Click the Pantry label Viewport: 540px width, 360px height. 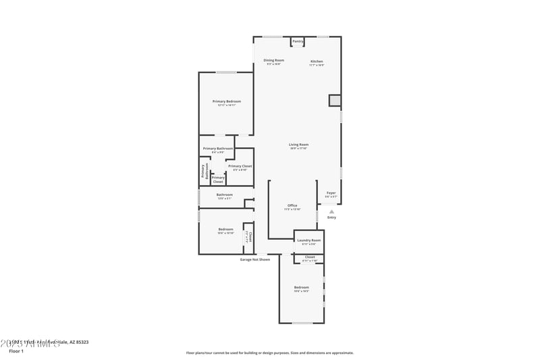pyautogui.click(x=298, y=41)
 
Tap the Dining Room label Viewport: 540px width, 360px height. pyautogui.click(x=273, y=60)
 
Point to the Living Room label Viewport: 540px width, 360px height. pyautogui.click(x=298, y=144)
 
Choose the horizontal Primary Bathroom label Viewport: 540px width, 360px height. pyautogui.click(x=218, y=149)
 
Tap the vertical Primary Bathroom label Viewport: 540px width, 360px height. pyautogui.click(x=205, y=172)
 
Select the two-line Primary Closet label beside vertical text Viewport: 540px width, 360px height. pyautogui.click(x=218, y=179)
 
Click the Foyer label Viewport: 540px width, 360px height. pyautogui.click(x=331, y=193)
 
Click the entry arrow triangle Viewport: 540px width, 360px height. pyautogui.click(x=331, y=211)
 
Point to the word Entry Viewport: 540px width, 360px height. pyautogui.click(x=331, y=217)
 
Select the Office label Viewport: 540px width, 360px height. pyautogui.click(x=292, y=205)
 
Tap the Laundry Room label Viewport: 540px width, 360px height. pyautogui.click(x=309, y=240)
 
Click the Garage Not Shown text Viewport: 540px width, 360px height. pyautogui.click(x=255, y=259)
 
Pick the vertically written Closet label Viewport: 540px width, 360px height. pyautogui.click(x=249, y=236)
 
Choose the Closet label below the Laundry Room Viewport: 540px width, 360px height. pyautogui.click(x=310, y=257)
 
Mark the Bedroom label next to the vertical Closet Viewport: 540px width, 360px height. pyautogui.click(x=225, y=229)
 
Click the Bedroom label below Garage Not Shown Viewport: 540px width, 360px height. pyautogui.click(x=301, y=288)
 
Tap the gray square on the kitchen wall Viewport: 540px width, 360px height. pyautogui.click(x=335, y=101)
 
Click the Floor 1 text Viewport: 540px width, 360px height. pyautogui.click(x=16, y=351)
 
